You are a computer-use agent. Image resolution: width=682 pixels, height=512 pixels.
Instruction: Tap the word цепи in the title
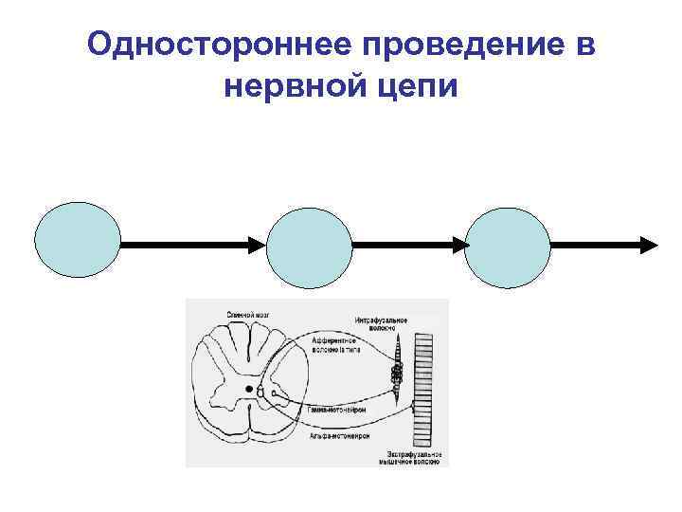(x=416, y=87)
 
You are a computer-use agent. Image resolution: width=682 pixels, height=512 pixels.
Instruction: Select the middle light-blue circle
(x=310, y=244)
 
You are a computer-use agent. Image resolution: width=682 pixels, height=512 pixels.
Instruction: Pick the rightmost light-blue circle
(x=509, y=244)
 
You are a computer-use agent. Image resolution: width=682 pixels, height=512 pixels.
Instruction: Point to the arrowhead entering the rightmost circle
(x=460, y=245)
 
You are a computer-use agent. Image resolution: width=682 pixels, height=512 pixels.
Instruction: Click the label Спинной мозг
(x=247, y=314)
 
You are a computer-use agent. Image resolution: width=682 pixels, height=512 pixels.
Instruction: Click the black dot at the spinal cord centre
(x=249, y=389)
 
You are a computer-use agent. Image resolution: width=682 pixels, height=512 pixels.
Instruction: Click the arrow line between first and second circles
(x=185, y=245)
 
